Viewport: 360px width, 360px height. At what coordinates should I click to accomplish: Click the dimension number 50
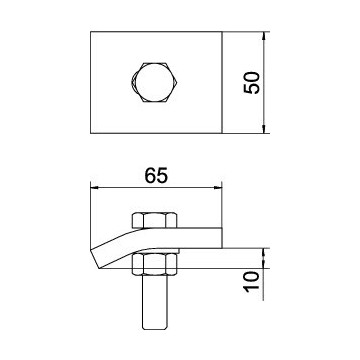[252, 83]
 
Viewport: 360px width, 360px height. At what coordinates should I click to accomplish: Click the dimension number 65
[156, 176]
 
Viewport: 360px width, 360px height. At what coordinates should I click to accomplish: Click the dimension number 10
[252, 282]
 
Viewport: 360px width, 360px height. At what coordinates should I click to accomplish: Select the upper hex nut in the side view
[155, 220]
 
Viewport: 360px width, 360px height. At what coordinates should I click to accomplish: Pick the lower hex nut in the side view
[154, 264]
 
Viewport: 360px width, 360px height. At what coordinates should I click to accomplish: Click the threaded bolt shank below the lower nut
[154, 302]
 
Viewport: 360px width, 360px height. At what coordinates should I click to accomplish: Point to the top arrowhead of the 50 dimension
[264, 36]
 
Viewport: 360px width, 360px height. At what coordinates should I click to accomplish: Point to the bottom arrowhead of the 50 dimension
[264, 129]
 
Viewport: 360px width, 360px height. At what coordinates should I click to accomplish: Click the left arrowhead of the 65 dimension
[95, 188]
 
